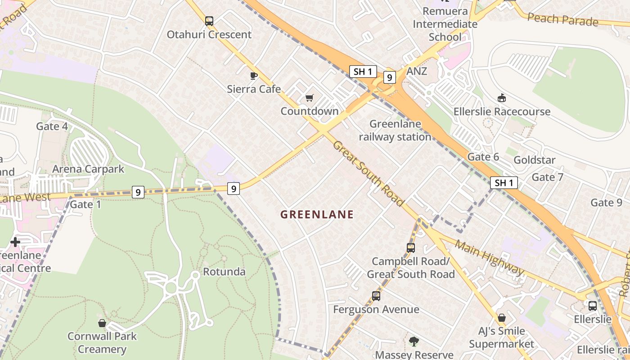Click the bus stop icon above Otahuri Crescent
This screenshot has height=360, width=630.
click(x=209, y=21)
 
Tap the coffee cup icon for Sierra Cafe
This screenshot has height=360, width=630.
click(x=254, y=75)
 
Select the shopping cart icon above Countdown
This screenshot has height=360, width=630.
click(x=309, y=98)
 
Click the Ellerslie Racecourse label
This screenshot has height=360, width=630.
click(x=502, y=112)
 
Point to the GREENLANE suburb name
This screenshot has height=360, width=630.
click(x=317, y=215)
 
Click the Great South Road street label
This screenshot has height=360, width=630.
click(x=369, y=174)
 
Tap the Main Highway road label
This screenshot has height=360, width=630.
click(x=490, y=258)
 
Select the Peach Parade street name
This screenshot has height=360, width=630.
click(x=562, y=20)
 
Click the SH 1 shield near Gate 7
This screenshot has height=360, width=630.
click(x=504, y=183)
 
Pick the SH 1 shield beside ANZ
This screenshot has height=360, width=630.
click(x=363, y=71)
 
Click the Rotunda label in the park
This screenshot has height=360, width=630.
click(x=224, y=272)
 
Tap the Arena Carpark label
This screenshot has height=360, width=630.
click(x=88, y=169)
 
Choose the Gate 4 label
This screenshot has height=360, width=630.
click(x=52, y=126)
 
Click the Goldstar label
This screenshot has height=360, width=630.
click(x=535, y=160)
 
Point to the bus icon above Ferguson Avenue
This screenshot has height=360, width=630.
click(x=376, y=296)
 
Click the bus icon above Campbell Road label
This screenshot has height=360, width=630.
click(x=410, y=247)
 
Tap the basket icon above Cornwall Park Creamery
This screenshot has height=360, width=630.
click(x=102, y=323)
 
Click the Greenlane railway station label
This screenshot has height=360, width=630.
click(x=395, y=130)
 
